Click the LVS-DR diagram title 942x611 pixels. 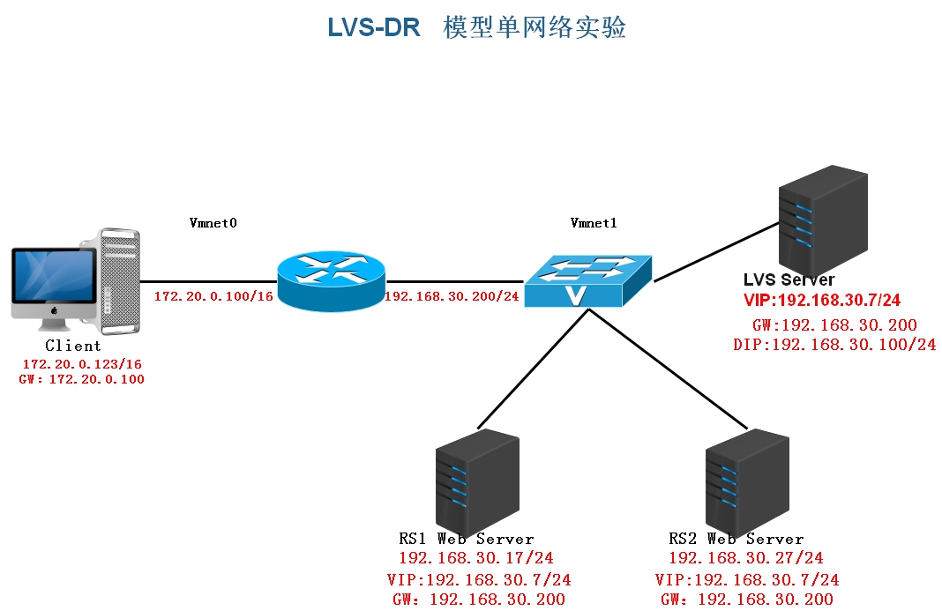pos(476,27)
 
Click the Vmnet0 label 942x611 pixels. pos(213,223)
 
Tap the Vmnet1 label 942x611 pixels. pos(594,223)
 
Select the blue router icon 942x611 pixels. pos(330,281)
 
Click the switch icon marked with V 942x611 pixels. pos(587,281)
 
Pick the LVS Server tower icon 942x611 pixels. pos(822,221)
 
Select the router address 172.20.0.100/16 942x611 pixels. pos(213,296)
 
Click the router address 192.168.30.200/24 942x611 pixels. pos(452,296)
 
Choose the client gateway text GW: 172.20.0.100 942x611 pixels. pos(81,380)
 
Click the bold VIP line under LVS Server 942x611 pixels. pos(822,301)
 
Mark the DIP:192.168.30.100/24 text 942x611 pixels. pos(834,345)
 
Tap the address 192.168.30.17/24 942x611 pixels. pos(476,558)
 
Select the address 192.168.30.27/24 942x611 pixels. pos(746,558)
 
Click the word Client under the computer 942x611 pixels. pos(73,346)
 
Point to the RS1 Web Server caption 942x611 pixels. pos(467,539)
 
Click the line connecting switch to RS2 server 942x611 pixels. pos(670,370)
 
